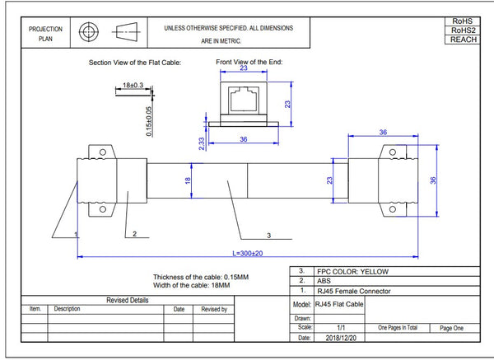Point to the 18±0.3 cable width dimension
tap(133, 85)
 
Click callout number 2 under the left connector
tap(133, 234)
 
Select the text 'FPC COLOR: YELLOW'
tap(353, 271)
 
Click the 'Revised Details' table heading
tap(128, 300)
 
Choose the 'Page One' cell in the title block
tap(452, 327)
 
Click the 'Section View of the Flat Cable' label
tap(134, 63)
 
